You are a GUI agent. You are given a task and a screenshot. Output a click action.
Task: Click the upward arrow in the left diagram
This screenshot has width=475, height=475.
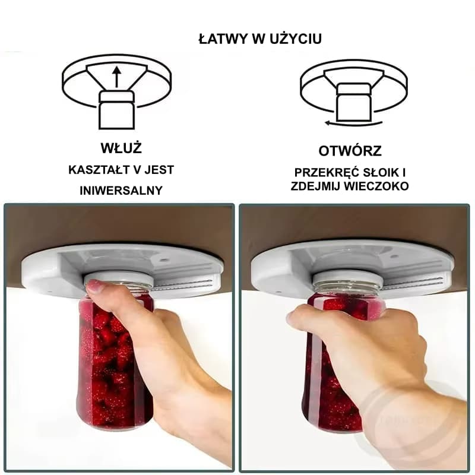click(x=116, y=77)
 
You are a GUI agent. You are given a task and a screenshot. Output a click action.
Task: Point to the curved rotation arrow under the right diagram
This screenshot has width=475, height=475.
click(x=353, y=123)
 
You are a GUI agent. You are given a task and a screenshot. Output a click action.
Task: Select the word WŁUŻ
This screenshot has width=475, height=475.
click(x=121, y=148)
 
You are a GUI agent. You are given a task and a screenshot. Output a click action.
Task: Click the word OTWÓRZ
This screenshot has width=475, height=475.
click(x=350, y=151)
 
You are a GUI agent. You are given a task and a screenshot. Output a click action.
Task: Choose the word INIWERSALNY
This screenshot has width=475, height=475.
click(x=121, y=191)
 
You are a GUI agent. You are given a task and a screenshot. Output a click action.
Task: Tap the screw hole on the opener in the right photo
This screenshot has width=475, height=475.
click(x=394, y=256)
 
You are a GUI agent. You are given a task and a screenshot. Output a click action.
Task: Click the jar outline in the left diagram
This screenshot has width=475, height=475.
click(x=116, y=110)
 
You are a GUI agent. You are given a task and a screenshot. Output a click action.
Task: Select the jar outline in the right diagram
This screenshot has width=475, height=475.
click(x=354, y=102)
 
